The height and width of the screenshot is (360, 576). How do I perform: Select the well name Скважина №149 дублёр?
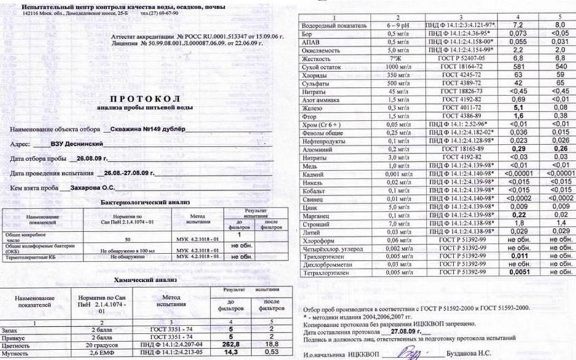coord(145,131)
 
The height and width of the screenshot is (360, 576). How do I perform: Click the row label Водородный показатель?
coord(332,26)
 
